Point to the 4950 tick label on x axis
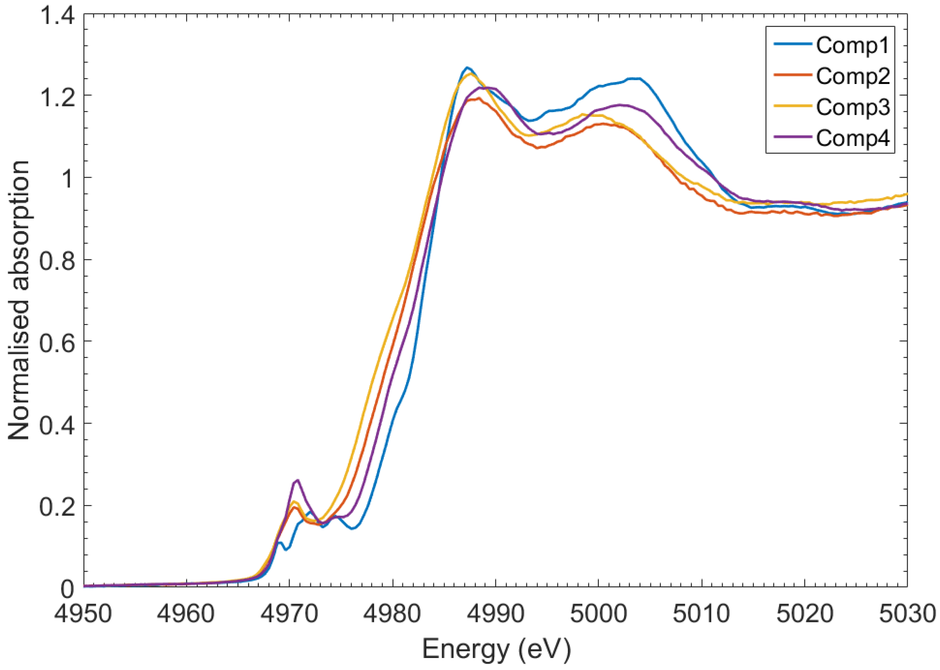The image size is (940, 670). pos(83,614)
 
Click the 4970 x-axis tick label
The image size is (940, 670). pos(289,614)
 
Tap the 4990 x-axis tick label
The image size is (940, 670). pos(495,614)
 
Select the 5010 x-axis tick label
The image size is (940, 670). pos(701,614)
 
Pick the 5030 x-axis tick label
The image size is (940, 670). pos(907,614)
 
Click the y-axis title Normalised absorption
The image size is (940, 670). pos(19,300)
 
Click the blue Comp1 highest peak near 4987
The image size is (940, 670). pos(467,67)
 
